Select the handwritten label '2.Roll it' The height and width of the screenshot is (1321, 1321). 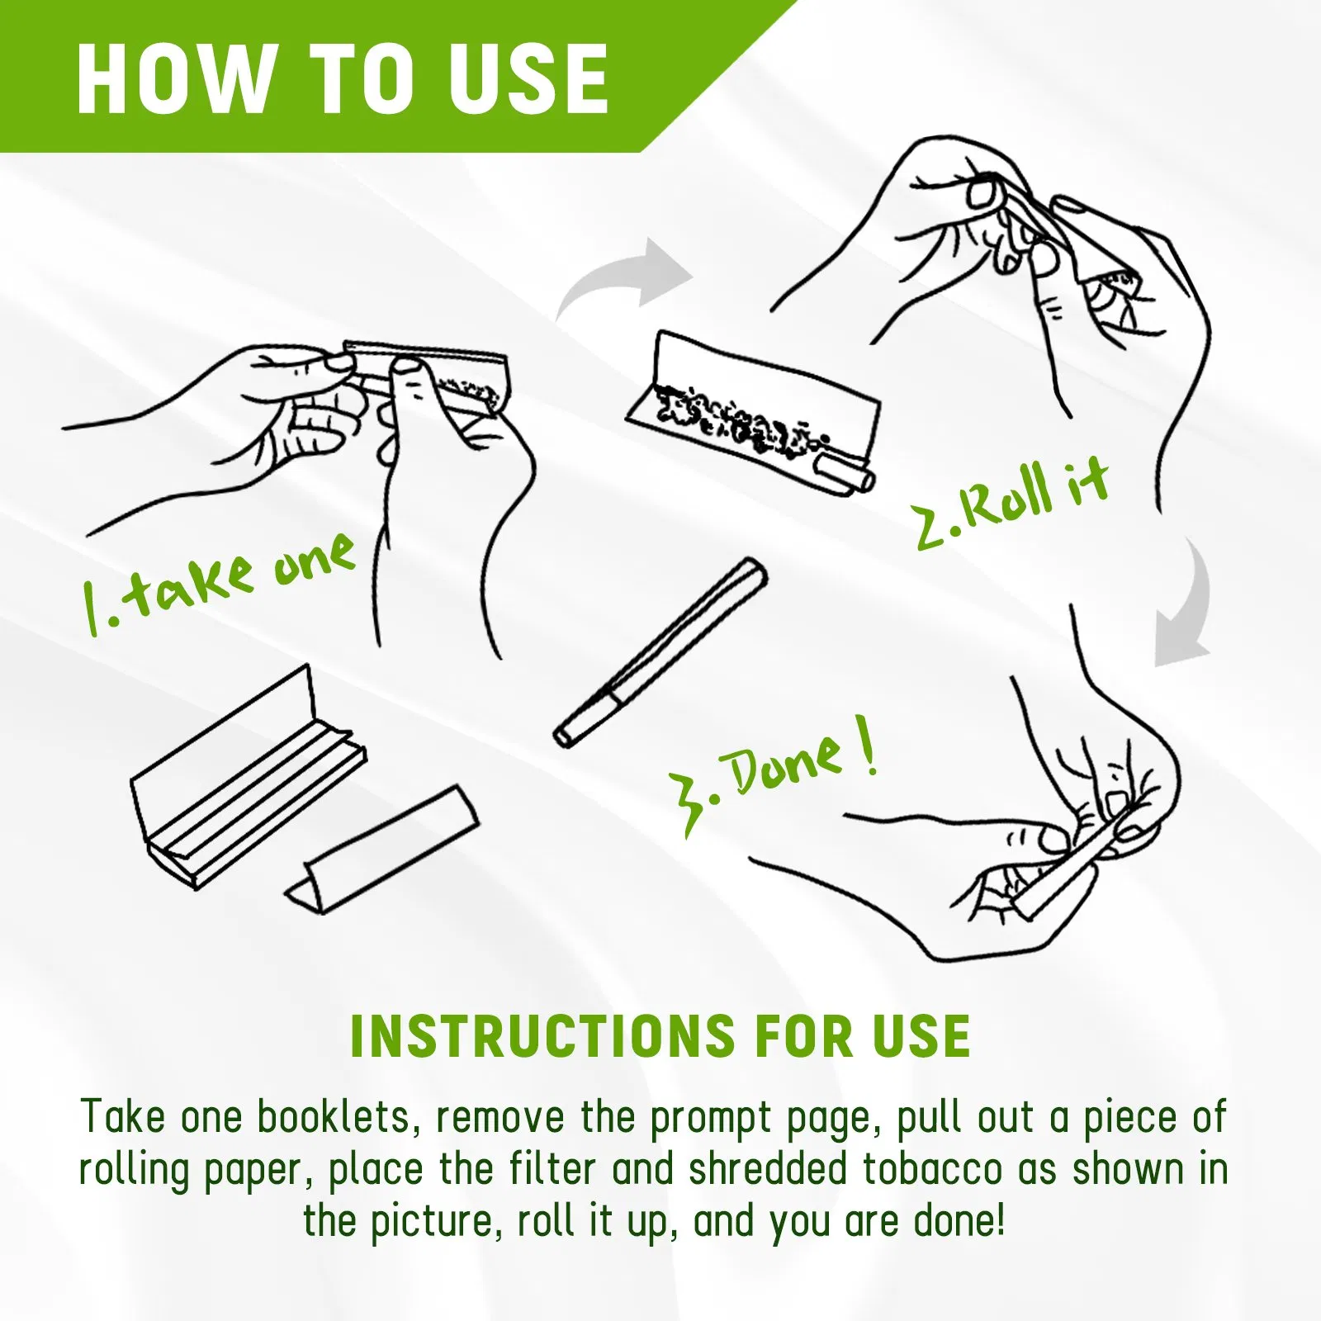[1011, 504]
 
